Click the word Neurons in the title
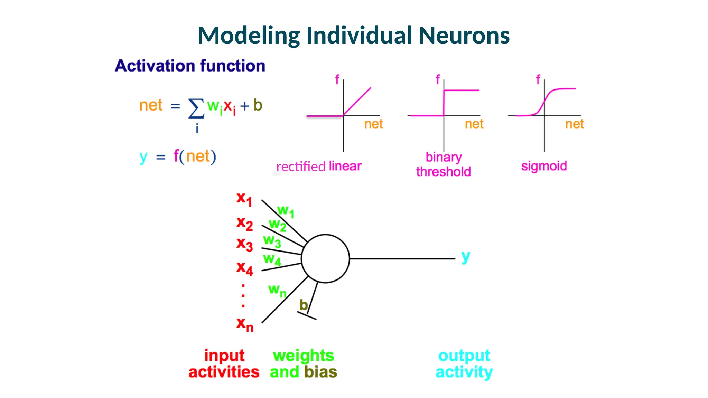(464, 36)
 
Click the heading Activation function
(190, 66)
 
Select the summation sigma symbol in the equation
(196, 108)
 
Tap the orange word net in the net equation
(151, 105)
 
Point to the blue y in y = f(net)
(143, 157)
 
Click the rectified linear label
(318, 167)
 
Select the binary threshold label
(444, 164)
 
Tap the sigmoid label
(544, 166)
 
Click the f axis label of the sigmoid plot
(538, 79)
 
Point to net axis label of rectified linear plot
(373, 124)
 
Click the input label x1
(244, 199)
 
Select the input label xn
(245, 324)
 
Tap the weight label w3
(272, 241)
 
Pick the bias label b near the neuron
(303, 305)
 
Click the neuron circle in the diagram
(325, 258)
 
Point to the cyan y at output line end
(466, 257)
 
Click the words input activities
(224, 364)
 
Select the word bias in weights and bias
(320, 372)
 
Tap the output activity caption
(464, 364)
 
